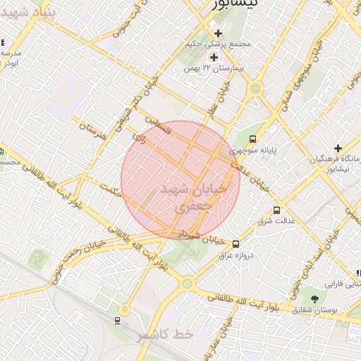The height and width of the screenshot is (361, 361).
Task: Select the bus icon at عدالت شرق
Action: coord(276,210)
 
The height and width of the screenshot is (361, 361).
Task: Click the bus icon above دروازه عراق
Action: coord(235,244)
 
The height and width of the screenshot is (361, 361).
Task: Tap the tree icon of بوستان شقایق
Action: coord(314,299)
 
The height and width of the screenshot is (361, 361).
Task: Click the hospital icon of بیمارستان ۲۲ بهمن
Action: coord(214,57)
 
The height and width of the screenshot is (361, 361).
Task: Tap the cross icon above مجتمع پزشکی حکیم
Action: coord(218,33)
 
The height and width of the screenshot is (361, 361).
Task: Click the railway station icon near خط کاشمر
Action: coord(116,321)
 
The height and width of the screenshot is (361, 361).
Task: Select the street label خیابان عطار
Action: coord(218,99)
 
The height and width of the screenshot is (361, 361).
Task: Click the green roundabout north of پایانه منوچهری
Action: coord(255,88)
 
